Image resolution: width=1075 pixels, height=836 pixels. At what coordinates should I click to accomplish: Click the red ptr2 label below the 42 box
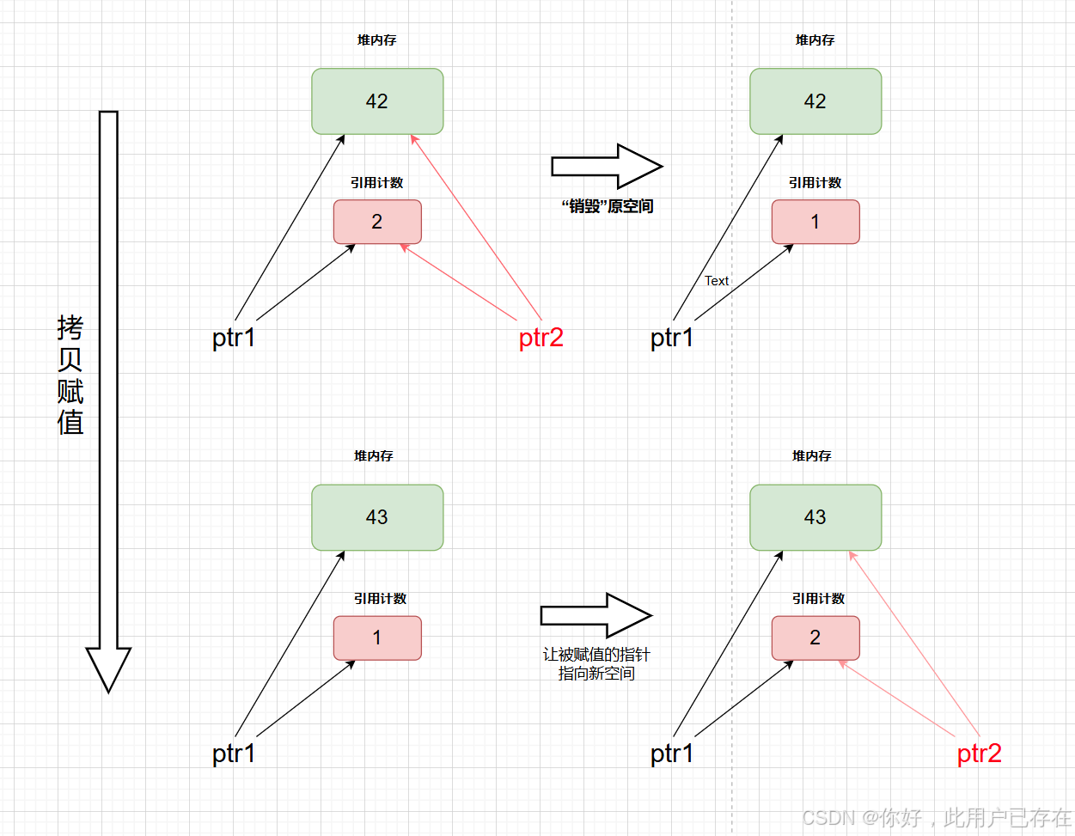[x=541, y=338]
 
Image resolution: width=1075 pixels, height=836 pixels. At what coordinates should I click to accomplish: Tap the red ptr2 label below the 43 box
[x=979, y=754]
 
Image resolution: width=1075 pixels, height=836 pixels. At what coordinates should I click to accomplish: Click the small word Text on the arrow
[x=716, y=281]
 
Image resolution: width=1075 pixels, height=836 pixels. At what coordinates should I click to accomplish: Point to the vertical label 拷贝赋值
[x=70, y=375]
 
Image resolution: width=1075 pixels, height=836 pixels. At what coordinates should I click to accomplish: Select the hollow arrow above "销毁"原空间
[x=606, y=166]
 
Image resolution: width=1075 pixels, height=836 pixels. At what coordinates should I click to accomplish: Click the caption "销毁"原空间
[x=607, y=206]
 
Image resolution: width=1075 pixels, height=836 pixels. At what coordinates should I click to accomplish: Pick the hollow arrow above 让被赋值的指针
[x=596, y=615]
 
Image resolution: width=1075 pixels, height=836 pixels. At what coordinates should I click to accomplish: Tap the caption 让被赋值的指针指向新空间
[x=596, y=664]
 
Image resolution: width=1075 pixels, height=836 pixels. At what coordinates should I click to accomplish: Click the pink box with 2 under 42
[x=377, y=222]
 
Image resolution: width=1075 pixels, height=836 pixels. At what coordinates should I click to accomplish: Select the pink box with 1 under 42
[x=815, y=222]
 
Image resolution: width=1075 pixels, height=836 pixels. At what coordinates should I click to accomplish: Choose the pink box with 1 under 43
[x=377, y=638]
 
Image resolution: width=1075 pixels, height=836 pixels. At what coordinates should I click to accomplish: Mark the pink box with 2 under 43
[x=815, y=638]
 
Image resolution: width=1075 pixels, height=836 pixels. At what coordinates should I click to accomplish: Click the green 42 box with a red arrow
[x=377, y=101]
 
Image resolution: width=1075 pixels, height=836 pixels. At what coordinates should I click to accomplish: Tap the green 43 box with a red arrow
[x=815, y=517]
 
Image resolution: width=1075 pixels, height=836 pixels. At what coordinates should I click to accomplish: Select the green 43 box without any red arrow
[x=377, y=517]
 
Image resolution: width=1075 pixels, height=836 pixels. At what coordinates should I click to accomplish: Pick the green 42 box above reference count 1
[x=815, y=101]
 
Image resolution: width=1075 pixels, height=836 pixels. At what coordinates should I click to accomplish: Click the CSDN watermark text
[x=937, y=817]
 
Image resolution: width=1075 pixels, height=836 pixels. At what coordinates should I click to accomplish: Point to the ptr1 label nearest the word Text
[x=671, y=338]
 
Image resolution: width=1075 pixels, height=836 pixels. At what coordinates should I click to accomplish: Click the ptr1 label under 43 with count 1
[x=234, y=754]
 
